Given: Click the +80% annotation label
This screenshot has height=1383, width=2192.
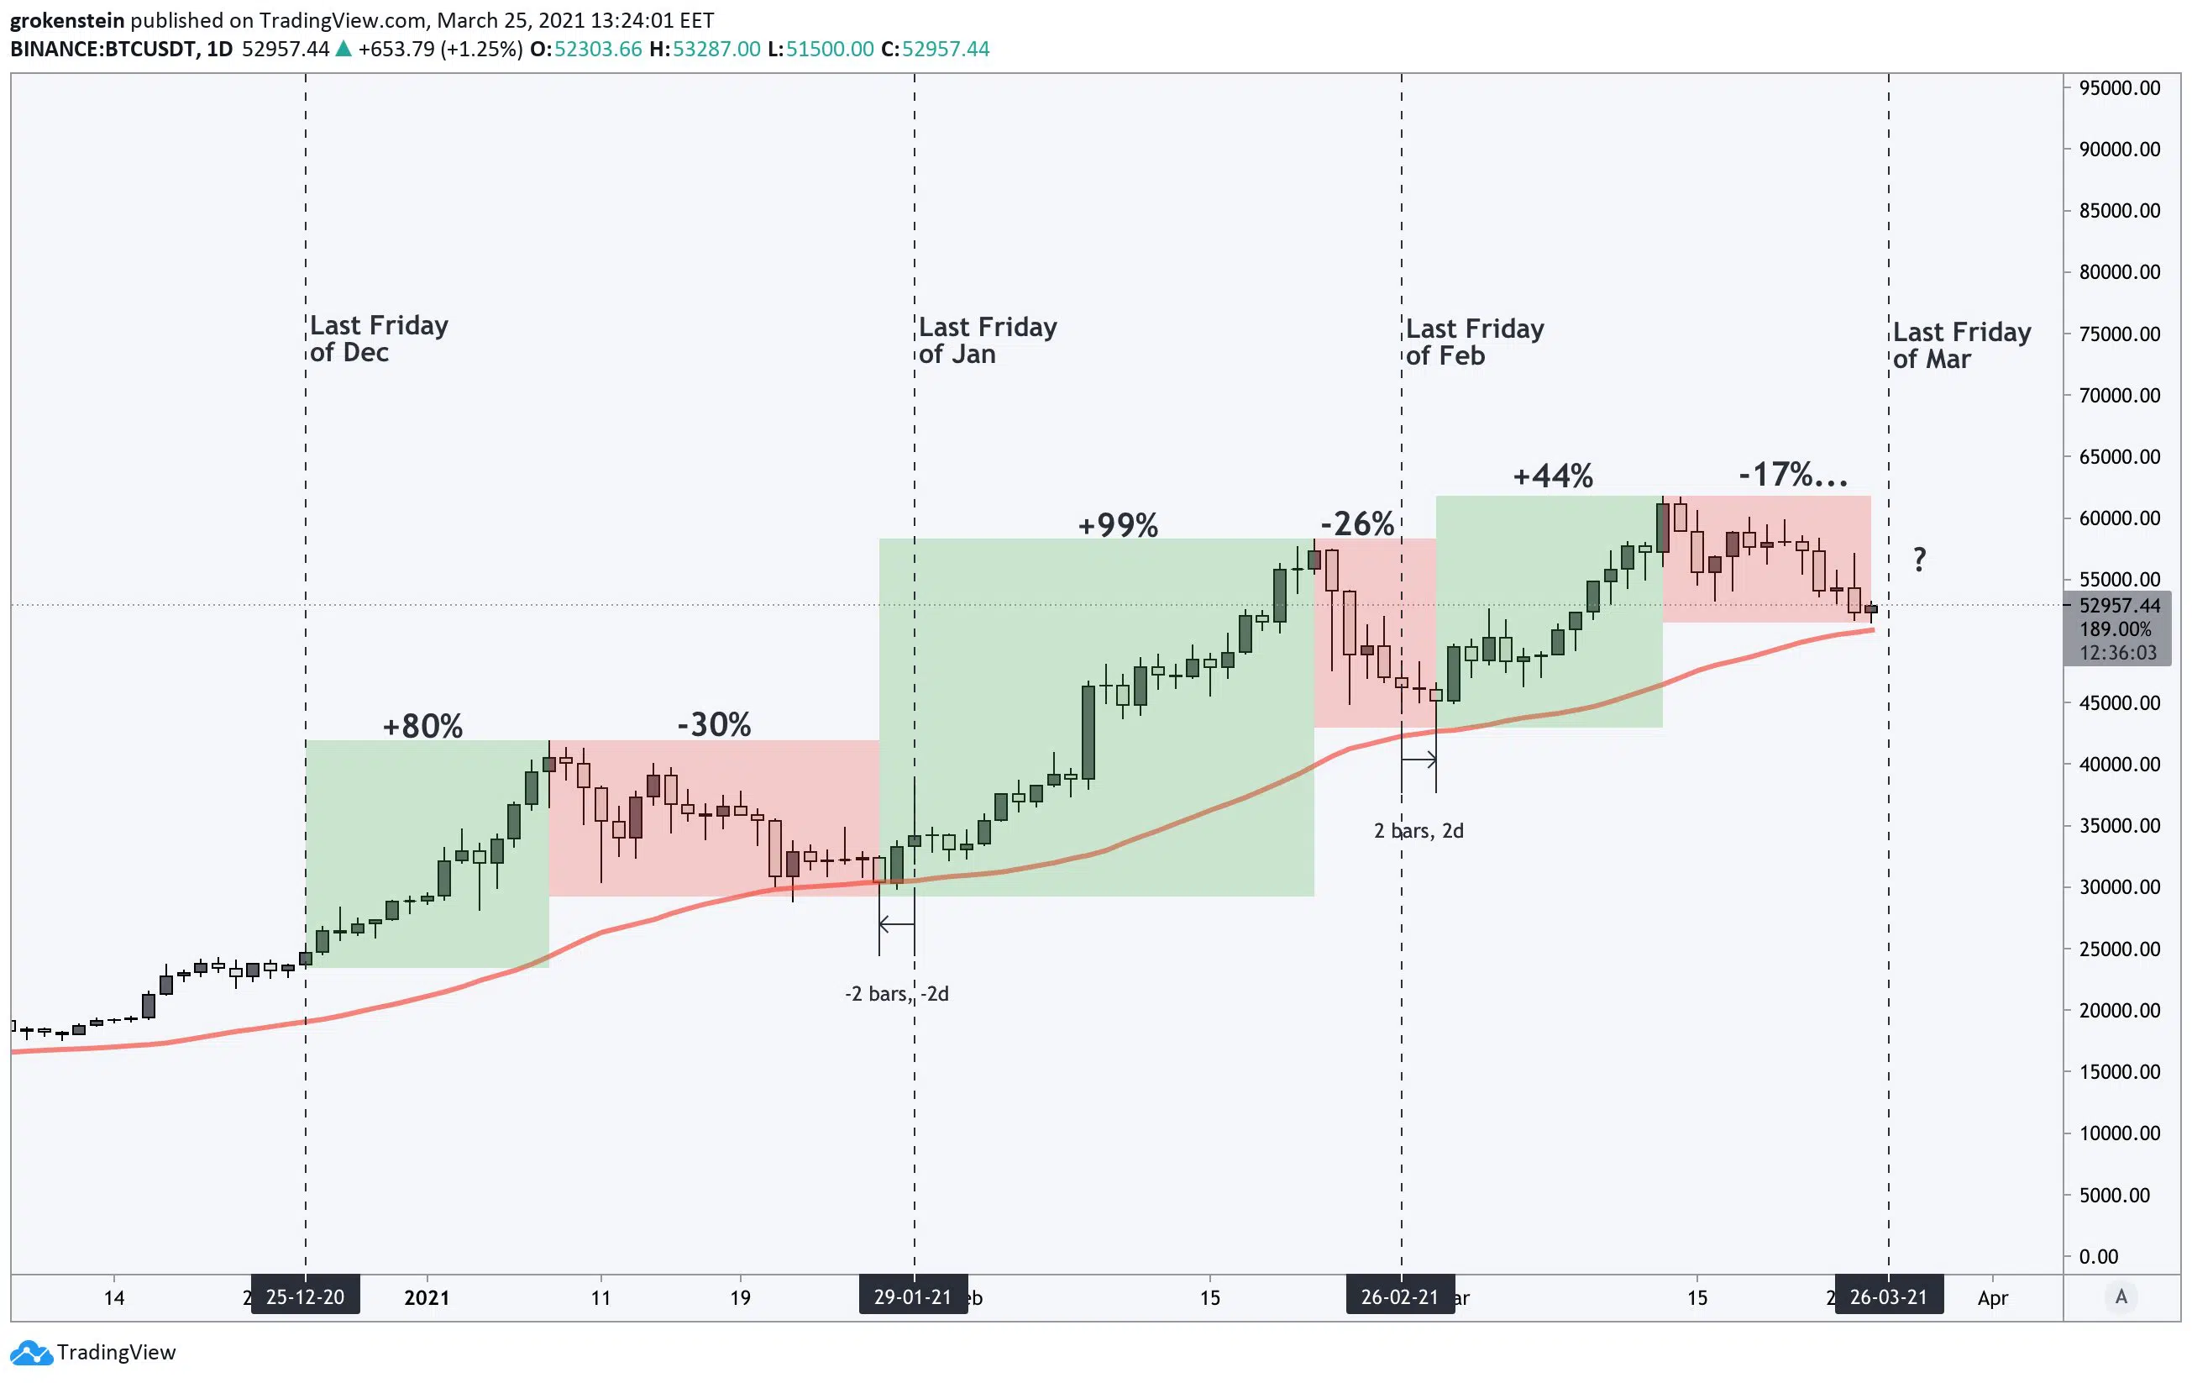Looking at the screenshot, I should pos(422,726).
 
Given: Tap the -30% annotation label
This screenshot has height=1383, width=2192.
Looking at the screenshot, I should pos(714,725).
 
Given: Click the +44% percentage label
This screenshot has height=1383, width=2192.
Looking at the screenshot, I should pos(1553,476).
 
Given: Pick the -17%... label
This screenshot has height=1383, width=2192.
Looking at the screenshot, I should pos(1793,475).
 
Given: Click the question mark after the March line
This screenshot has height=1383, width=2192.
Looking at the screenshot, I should pos(1919,559).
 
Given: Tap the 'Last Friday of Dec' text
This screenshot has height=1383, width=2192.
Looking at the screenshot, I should pos(379,339).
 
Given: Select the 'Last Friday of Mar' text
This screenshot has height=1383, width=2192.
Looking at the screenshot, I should pos(1962,345).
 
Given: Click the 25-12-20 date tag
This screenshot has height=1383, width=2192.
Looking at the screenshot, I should pos(305,1296).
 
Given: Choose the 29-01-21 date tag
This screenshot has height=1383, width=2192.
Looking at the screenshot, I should pos(913,1296).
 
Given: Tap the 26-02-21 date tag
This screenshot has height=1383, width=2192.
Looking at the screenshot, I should pos(1400,1296).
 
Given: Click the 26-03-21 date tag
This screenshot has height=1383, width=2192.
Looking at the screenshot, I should pos(1888,1296).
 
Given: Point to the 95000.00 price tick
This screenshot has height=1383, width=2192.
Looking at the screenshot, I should pos(2119,88).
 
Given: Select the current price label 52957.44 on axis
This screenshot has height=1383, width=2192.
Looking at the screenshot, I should pos(2119,606).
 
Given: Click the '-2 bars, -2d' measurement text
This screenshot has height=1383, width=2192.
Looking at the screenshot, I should pos(897,993).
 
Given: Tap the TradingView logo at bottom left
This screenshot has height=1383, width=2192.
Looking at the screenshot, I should pos(94,1352).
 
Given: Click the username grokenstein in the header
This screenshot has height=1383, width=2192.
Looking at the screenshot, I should pos(67,20).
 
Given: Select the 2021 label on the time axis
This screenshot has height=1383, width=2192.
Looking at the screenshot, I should pos(427,1297).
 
